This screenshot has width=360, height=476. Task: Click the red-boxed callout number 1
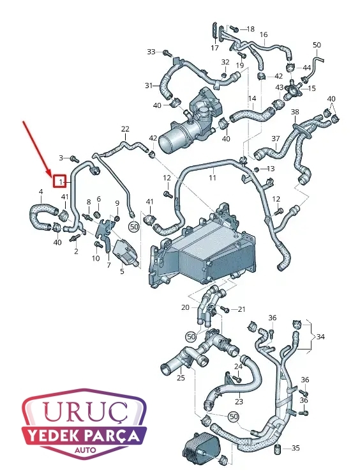61,181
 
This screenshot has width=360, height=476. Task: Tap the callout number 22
125,129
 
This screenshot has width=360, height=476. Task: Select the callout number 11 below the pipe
213,177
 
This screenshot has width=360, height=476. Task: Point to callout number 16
264,35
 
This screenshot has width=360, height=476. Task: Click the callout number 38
295,112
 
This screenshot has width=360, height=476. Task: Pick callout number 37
275,139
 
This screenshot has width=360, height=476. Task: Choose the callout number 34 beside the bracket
320,337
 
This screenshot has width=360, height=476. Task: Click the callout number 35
296,448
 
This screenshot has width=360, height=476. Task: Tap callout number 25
181,378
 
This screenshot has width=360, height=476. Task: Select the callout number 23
239,402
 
